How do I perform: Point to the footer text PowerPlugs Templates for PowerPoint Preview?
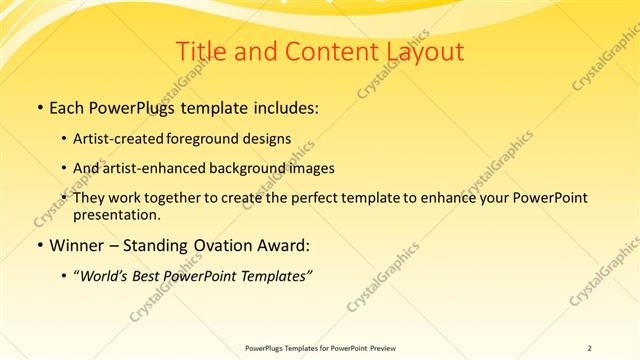click(319, 347)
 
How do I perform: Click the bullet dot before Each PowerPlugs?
click(39, 108)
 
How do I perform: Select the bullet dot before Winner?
click(39, 245)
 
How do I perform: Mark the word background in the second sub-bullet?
click(255, 168)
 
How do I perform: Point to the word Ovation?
click(224, 245)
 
